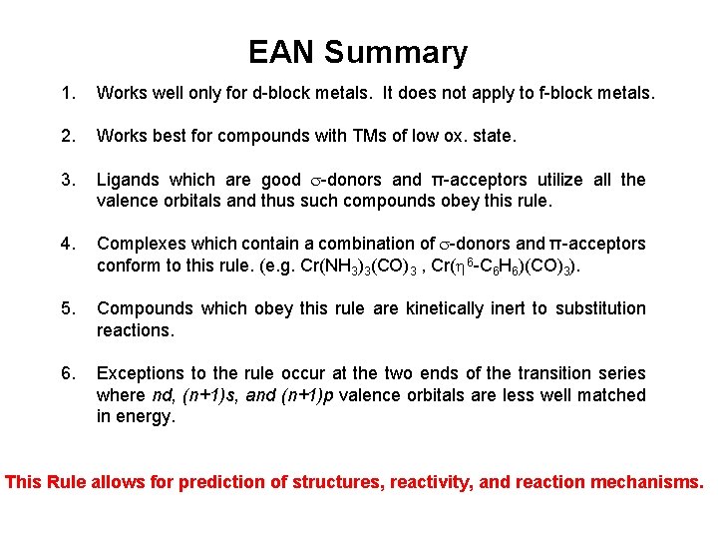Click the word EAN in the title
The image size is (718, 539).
coord(281,52)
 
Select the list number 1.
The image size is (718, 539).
coord(67,94)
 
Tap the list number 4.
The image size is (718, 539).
coord(67,244)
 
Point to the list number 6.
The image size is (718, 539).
coord(67,373)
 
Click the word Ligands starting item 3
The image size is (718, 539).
coord(129,181)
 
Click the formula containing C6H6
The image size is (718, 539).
coord(509,267)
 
